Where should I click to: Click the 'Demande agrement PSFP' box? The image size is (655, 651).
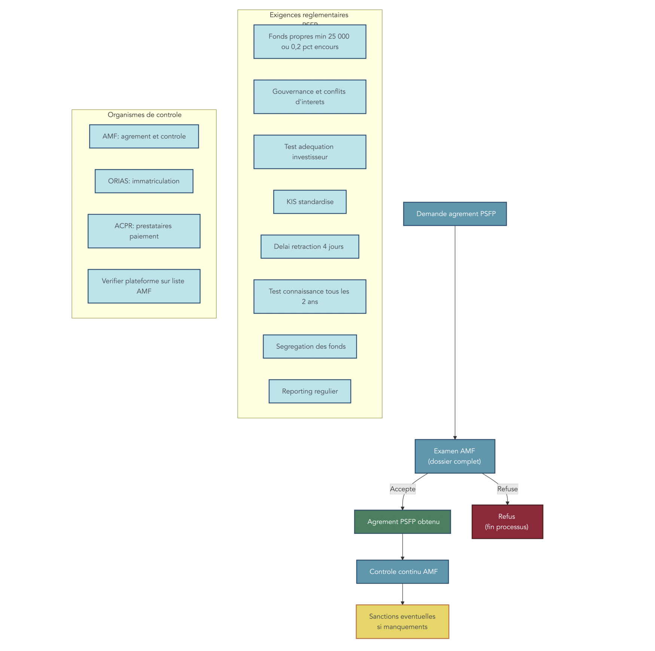tap(455, 214)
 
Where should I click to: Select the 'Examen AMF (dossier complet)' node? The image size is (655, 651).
tap(455, 456)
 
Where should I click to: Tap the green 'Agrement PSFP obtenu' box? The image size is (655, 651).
tap(402, 522)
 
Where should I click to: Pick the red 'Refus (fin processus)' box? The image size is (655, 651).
tap(507, 522)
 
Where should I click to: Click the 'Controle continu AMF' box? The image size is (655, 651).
tap(402, 571)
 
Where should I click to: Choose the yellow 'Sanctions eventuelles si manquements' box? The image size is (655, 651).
tap(402, 621)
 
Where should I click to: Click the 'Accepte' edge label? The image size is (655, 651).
tap(403, 489)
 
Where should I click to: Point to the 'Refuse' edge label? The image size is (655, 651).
tap(508, 489)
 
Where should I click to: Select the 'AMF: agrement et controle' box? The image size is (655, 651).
tap(144, 137)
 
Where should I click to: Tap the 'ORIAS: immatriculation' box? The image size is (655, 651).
tap(144, 181)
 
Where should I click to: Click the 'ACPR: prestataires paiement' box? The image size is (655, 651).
tap(144, 231)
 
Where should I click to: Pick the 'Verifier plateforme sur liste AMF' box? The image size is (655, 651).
tap(144, 286)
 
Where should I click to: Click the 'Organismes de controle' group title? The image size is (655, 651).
tap(144, 115)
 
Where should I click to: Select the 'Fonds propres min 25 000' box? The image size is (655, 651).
tap(310, 42)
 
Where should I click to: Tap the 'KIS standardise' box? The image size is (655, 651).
tap(310, 202)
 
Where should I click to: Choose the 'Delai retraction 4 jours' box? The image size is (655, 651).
tap(310, 247)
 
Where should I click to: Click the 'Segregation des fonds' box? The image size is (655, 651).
tap(310, 346)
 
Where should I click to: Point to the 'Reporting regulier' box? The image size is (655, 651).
tap(310, 391)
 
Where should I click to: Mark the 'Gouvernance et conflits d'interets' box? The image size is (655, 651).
tap(310, 97)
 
